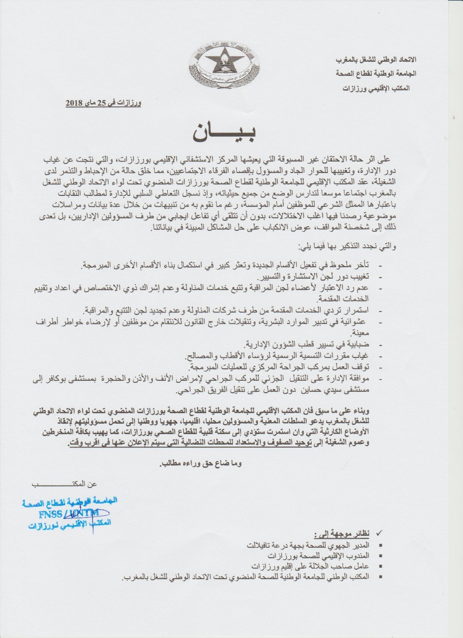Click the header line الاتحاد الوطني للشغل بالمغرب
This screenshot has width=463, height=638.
point(369,59)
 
